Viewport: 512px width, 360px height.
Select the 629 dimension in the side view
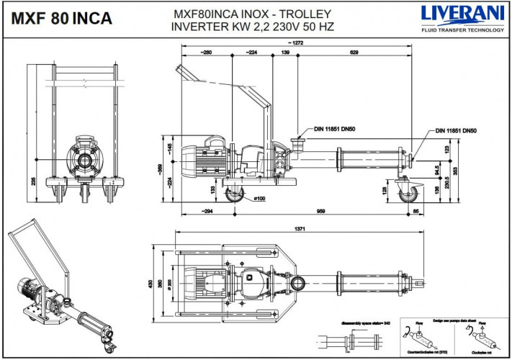354,53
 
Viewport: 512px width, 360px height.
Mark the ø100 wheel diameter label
258,198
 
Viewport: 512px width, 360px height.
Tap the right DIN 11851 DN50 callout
457,130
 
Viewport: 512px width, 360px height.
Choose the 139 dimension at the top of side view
286,53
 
